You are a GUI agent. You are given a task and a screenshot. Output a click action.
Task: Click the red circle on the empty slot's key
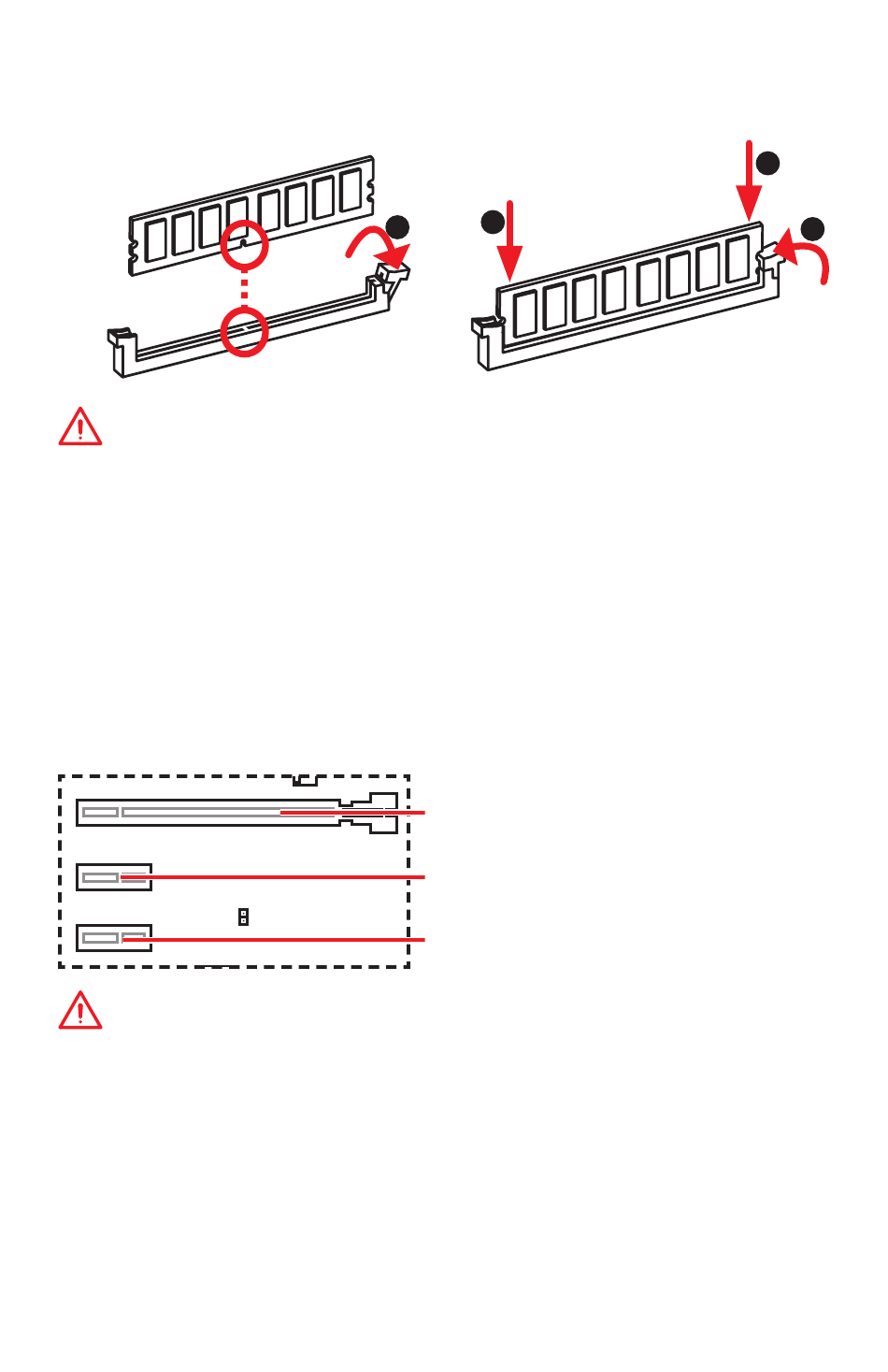coord(244,332)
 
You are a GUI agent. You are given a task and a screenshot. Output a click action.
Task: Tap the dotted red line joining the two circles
coord(244,288)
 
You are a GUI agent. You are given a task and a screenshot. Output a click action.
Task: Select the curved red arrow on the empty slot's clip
coord(378,248)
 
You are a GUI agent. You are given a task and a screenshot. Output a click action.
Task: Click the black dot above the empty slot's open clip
coord(397,227)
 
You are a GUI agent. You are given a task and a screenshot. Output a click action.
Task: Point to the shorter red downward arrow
coord(509,241)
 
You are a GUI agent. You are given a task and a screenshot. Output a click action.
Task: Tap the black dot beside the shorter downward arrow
coord(493,222)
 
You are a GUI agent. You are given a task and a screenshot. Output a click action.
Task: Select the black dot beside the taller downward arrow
coord(767,163)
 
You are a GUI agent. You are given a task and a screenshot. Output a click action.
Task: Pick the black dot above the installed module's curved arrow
coord(812,228)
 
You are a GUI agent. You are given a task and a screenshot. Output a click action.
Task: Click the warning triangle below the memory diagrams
coord(80,427)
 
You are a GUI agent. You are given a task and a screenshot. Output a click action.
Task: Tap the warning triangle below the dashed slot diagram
coord(80,1012)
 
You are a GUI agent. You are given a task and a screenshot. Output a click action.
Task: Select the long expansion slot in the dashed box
coord(206,813)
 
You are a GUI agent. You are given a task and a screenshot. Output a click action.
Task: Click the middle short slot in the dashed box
coord(113,877)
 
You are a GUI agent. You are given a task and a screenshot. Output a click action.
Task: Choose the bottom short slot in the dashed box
coord(113,938)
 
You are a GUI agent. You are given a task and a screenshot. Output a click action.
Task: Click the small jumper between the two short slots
coord(243,917)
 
